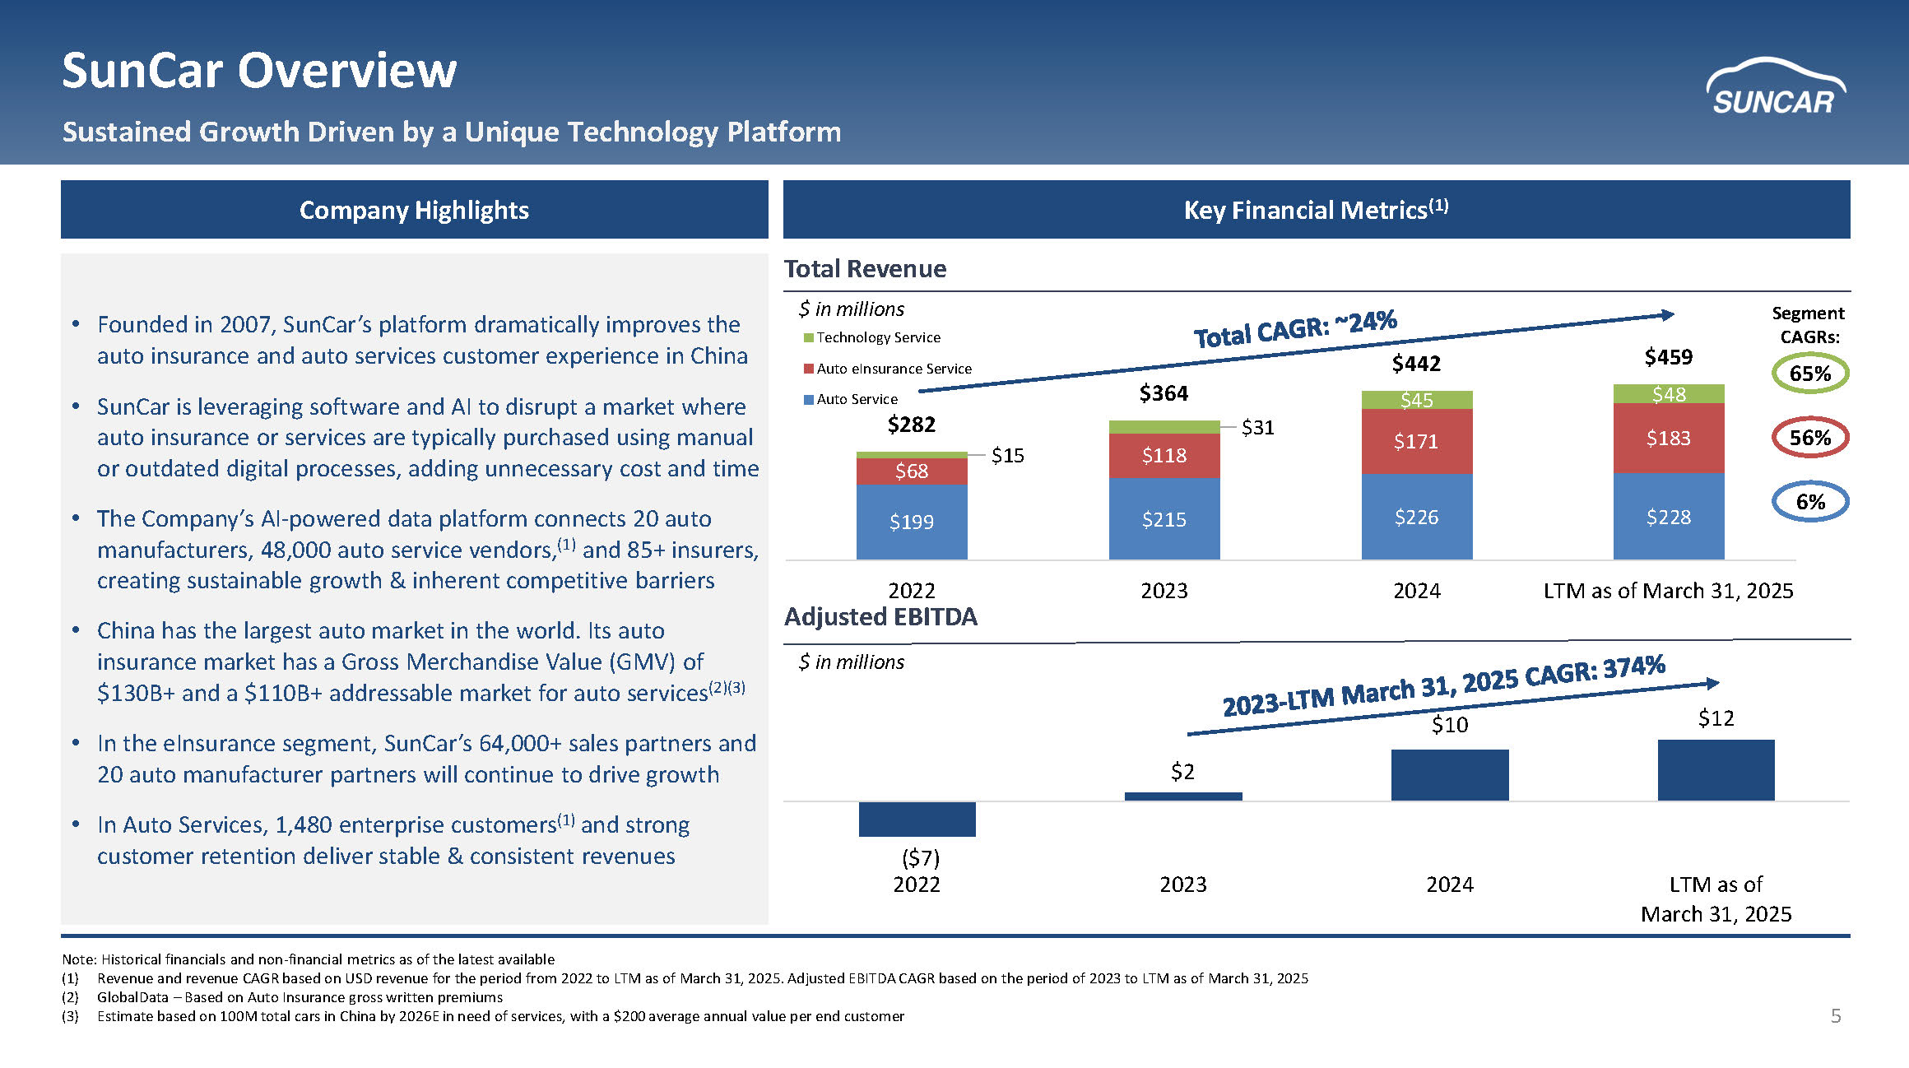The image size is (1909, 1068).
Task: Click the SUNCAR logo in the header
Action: click(x=1775, y=88)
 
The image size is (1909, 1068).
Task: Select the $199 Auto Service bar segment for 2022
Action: click(x=912, y=522)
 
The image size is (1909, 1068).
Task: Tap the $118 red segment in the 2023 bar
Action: click(x=1164, y=455)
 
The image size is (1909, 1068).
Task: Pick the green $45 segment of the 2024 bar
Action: click(x=1417, y=400)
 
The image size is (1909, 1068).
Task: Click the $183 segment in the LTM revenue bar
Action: click(x=1669, y=438)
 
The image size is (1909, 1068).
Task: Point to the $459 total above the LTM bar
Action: click(x=1669, y=357)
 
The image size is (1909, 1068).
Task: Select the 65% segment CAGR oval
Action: click(x=1809, y=374)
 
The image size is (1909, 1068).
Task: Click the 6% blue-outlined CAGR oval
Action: click(x=1809, y=502)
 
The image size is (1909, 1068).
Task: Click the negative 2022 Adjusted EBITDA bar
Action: click(x=917, y=820)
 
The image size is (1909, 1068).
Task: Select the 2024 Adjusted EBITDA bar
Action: click(x=1450, y=774)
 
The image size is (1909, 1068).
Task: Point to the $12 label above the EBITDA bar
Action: click(x=1716, y=718)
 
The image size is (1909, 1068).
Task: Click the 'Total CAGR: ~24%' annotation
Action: click(x=1295, y=329)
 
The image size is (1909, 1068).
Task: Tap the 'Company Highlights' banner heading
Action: click(x=414, y=210)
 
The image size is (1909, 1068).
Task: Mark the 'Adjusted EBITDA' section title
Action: click(x=880, y=617)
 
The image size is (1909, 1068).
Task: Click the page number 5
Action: click(x=1836, y=1016)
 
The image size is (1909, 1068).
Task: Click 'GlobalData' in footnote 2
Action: click(x=132, y=997)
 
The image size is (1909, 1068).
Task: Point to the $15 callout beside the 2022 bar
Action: click(x=1007, y=455)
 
